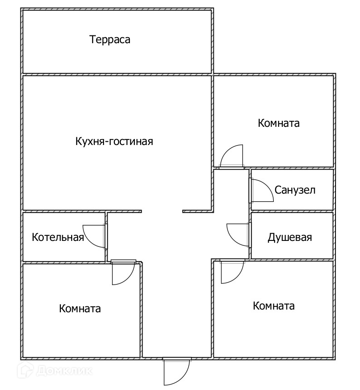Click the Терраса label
(x=110, y=40)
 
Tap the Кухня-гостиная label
(x=114, y=141)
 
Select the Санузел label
(x=295, y=190)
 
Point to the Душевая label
(x=290, y=237)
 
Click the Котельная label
(x=58, y=237)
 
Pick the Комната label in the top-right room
(x=279, y=123)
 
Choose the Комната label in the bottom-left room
(x=80, y=309)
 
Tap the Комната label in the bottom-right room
(x=273, y=306)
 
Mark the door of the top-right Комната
(x=232, y=156)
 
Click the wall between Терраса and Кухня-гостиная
(x=117, y=74)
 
